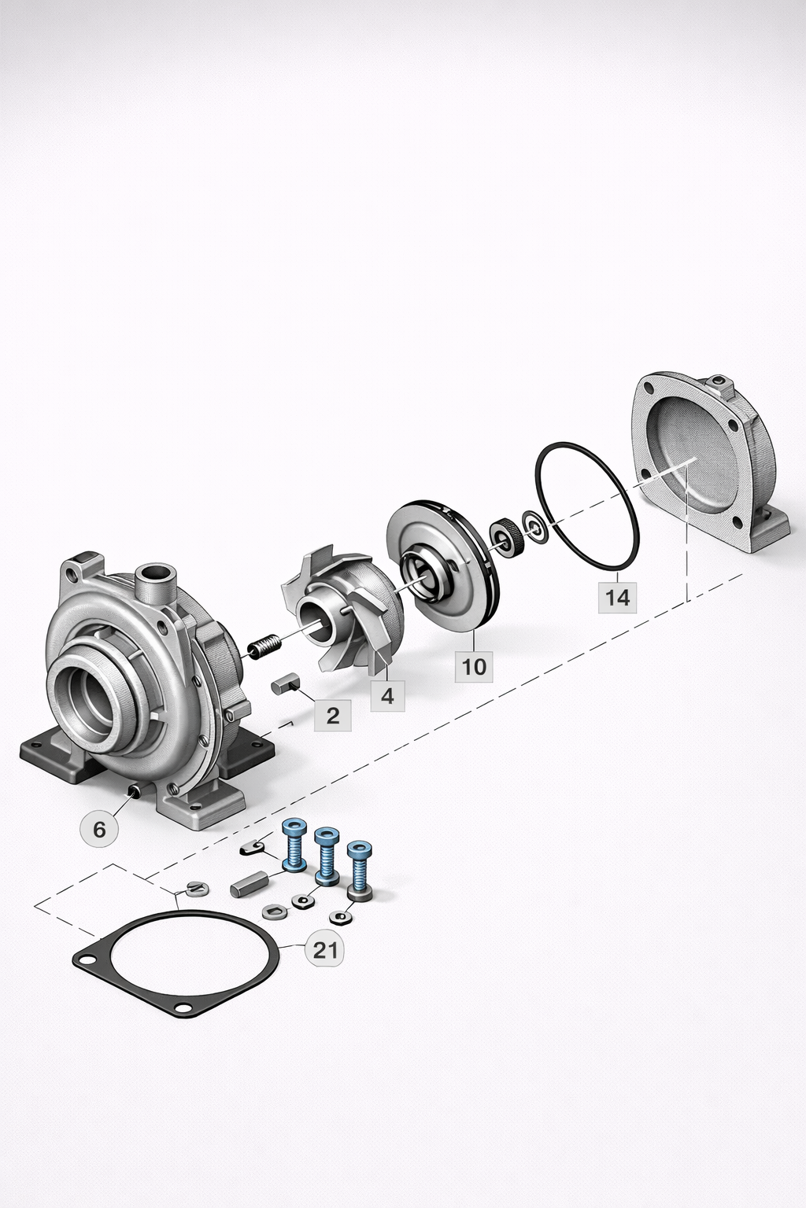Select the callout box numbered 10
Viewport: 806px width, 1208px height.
(x=474, y=666)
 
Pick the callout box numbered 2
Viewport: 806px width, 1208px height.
(x=332, y=715)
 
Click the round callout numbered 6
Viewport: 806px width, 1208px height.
(x=99, y=829)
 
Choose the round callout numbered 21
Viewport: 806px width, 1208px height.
(x=324, y=950)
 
